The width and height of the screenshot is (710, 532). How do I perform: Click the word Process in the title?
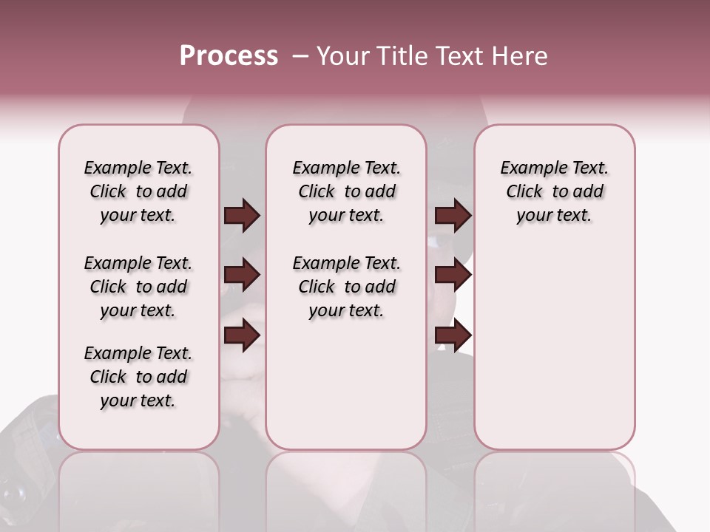click(x=229, y=56)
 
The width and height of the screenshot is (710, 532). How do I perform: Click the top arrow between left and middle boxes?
click(x=242, y=215)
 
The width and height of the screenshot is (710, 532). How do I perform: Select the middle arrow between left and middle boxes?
click(x=242, y=276)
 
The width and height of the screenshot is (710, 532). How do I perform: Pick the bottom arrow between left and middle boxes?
click(x=242, y=335)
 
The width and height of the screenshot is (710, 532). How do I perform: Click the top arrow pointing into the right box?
click(x=453, y=215)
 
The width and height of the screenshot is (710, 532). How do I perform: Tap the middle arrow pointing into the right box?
click(x=453, y=276)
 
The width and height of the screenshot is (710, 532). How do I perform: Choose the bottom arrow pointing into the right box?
click(x=453, y=335)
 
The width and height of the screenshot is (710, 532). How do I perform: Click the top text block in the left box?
click(x=138, y=191)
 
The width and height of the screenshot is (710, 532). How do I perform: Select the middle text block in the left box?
click(x=138, y=287)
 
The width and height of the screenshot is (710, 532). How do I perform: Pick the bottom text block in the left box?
click(x=138, y=377)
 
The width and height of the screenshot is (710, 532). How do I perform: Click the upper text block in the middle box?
click(x=346, y=191)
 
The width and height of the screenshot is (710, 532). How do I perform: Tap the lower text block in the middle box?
click(x=346, y=287)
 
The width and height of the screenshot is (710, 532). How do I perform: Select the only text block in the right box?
click(x=554, y=191)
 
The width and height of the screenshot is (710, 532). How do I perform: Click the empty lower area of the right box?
click(x=554, y=347)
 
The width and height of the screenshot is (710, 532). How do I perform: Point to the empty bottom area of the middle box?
click(x=346, y=392)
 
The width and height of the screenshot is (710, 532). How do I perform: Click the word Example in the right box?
click(x=528, y=168)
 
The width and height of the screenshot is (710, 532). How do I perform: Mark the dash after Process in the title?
click(x=300, y=56)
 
